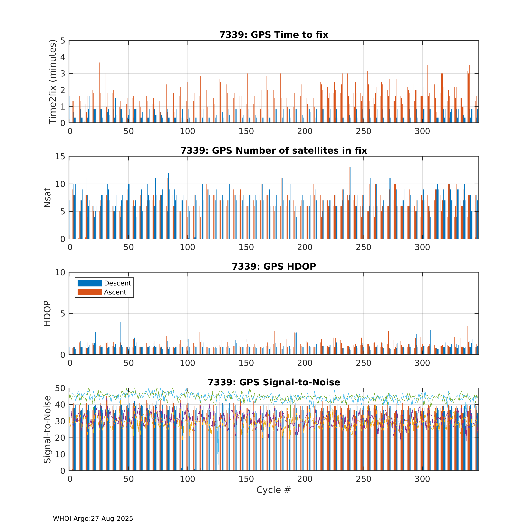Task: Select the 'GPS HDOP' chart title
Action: coord(274,266)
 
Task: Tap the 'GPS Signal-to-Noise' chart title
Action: coord(274,382)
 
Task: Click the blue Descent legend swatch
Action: coord(90,283)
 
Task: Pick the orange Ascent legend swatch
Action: coord(90,292)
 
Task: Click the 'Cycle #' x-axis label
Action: coord(273,490)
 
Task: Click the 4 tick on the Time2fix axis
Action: coord(63,57)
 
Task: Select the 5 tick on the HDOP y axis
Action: coord(63,313)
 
